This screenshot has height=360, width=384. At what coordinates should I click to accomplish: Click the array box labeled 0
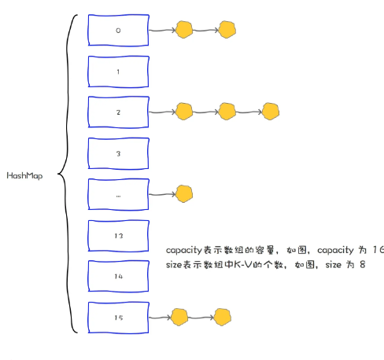coord(118,30)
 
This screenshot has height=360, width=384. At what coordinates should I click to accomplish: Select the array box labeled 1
coord(118,72)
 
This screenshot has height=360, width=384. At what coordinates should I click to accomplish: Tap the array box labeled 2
coord(118,112)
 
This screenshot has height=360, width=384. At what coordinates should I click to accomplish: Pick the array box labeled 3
coord(118,154)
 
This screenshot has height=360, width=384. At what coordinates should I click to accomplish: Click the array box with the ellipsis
coord(118,194)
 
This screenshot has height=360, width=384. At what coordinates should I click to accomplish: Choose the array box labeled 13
coord(118,236)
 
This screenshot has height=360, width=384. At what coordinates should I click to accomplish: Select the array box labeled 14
coord(118,277)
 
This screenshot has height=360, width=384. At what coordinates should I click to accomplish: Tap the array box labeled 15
coord(118,318)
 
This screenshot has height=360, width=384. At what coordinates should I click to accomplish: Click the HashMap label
coord(24,175)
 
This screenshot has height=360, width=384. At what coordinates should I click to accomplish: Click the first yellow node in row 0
coord(184,31)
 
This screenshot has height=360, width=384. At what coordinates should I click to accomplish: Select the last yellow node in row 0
coord(227,31)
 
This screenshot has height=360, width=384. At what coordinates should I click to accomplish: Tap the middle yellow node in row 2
coord(227,112)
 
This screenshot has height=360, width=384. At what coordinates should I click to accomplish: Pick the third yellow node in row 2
coord(270,112)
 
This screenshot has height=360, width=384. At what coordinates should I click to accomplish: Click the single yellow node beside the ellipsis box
coord(184,193)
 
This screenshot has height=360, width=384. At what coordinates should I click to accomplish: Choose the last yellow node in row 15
coord(223,318)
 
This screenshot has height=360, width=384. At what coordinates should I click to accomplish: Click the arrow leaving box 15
coord(160,318)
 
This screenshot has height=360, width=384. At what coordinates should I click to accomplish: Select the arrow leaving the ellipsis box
coord(161,194)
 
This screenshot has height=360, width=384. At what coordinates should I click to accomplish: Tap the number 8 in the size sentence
coord(362,266)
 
